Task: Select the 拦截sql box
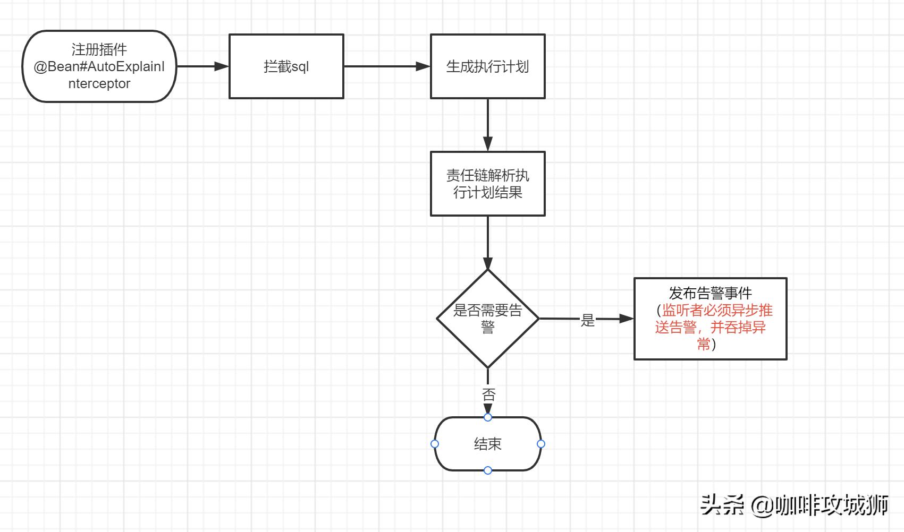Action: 286,66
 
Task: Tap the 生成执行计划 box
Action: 487,66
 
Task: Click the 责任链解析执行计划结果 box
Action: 487,184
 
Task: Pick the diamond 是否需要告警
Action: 487,319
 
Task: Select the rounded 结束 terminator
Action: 487,444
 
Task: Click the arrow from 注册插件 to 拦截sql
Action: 202,66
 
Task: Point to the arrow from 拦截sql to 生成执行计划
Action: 386,66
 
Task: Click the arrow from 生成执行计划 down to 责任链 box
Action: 487,125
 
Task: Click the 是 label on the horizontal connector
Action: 587,320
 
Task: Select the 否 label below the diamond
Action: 488,394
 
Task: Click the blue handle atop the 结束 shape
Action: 487,417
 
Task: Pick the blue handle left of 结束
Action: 435,444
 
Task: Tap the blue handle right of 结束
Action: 540,444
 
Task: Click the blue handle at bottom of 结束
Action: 487,470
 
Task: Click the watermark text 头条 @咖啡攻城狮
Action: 794,504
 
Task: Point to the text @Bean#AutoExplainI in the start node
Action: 99,67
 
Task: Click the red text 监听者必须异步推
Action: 716,310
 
